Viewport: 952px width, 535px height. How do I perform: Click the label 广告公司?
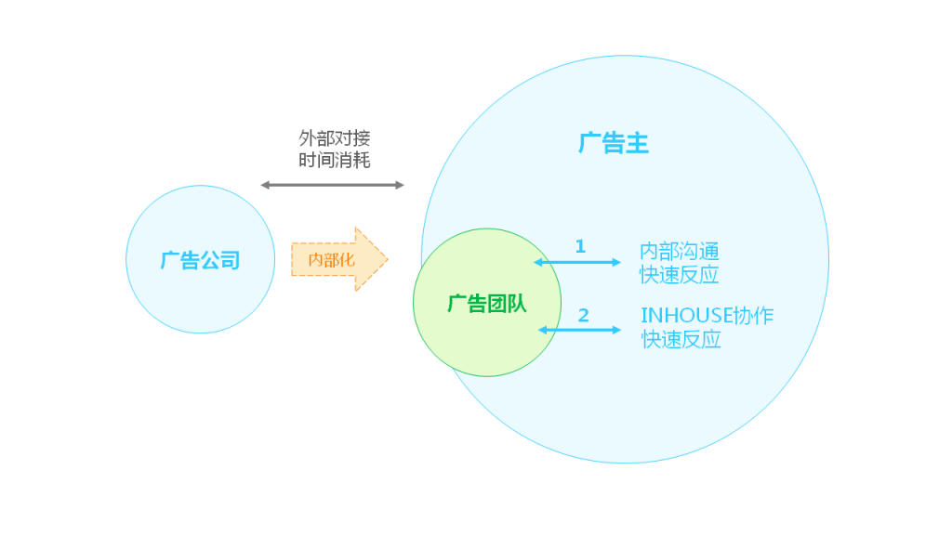pyautogui.click(x=200, y=260)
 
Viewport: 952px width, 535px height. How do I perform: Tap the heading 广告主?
pyautogui.click(x=614, y=144)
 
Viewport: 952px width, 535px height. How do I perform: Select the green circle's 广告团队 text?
pyautogui.click(x=486, y=304)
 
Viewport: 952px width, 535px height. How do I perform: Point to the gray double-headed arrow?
pyautogui.click(x=333, y=185)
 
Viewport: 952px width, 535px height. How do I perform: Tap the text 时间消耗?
pyautogui.click(x=334, y=160)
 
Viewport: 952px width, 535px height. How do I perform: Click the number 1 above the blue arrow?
pyautogui.click(x=580, y=246)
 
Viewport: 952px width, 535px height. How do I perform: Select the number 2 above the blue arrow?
pyautogui.click(x=583, y=316)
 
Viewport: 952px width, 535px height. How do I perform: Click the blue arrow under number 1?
pyautogui.click(x=578, y=263)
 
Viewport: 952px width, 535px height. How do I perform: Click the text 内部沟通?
pyautogui.click(x=680, y=251)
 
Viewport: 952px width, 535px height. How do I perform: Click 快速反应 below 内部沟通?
pyautogui.click(x=680, y=275)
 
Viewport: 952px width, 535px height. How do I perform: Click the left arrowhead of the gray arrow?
pyautogui.click(x=265, y=185)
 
